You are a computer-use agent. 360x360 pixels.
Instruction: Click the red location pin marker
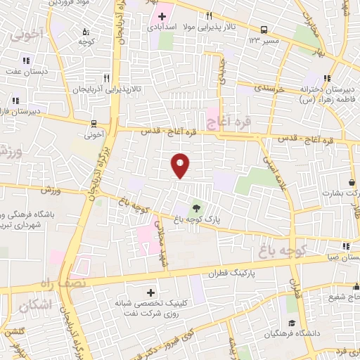click(180, 165)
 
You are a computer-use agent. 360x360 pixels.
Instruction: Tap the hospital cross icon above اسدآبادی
click(162, 15)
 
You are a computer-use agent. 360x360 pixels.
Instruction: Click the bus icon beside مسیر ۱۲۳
click(264, 30)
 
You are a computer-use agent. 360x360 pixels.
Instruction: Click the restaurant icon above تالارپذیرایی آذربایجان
click(107, 78)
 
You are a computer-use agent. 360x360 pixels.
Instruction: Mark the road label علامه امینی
click(276, 169)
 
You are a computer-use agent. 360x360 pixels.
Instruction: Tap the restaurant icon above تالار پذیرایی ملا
click(209, 15)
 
